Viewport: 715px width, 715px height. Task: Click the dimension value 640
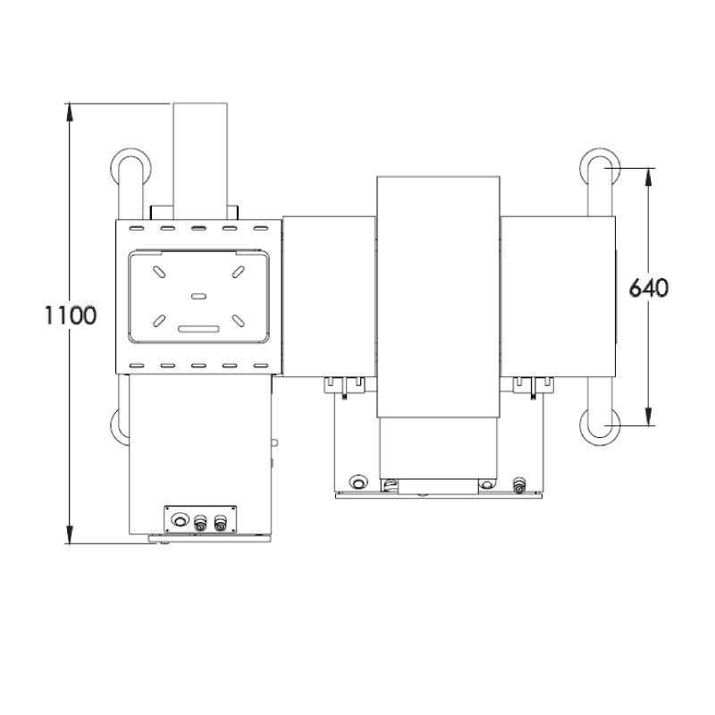click(650, 289)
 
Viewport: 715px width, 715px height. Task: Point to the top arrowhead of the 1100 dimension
click(69, 109)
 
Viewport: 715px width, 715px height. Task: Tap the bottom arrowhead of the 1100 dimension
click(69, 537)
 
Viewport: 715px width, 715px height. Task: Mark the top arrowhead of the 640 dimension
click(650, 174)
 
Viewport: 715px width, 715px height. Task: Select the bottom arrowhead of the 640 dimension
click(650, 419)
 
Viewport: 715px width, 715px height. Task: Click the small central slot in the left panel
click(198, 294)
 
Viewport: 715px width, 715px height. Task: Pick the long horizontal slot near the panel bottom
click(198, 328)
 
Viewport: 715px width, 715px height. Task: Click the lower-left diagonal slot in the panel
click(158, 318)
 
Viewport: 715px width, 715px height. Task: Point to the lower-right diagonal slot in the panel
click(239, 318)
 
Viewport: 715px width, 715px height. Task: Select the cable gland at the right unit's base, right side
click(518, 484)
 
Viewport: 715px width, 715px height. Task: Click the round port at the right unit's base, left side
click(358, 481)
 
